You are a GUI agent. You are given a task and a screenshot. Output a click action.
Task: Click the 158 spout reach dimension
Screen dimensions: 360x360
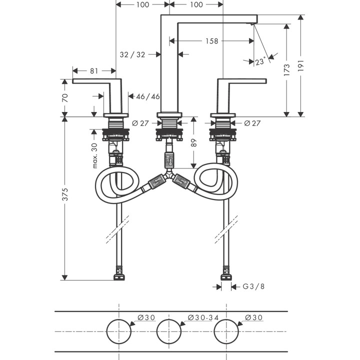point(211,41)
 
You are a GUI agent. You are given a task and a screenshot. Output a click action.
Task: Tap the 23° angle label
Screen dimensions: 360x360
point(259,62)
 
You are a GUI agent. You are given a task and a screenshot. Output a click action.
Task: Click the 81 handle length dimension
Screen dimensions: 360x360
point(94,71)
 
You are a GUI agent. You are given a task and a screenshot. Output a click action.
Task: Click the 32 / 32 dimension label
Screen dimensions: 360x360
point(132,54)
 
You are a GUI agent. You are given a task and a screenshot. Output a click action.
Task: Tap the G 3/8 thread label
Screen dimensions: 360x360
point(253,286)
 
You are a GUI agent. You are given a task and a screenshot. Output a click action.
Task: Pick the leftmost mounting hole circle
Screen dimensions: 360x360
point(118,332)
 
